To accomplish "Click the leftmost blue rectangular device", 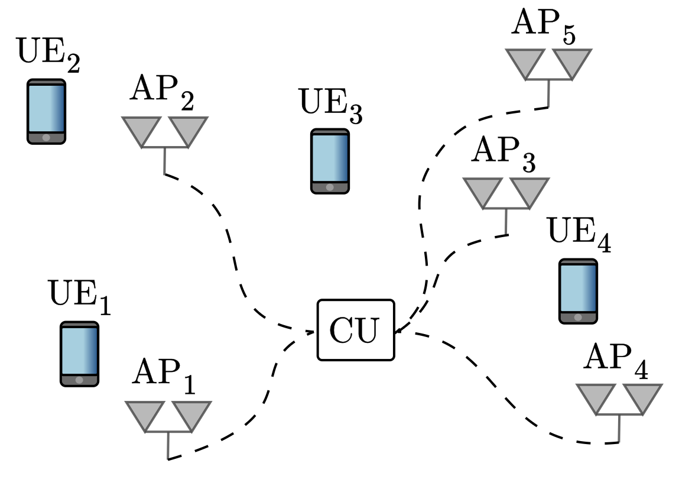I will click(x=46, y=108).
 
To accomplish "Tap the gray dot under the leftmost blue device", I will click(x=46, y=138).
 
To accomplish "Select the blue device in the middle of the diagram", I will click(x=330, y=158).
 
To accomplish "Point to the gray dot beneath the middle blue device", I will click(x=330, y=187).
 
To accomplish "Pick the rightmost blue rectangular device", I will click(x=578, y=288).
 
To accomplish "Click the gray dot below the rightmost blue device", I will click(x=578, y=318).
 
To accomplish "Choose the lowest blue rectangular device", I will click(x=79, y=351).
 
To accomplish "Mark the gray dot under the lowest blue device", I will click(x=79, y=380).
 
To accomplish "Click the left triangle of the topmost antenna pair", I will click(x=525, y=61).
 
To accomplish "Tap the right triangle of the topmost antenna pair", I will click(x=572, y=61).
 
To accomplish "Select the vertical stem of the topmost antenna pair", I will click(x=548, y=93).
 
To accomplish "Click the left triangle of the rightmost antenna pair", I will click(x=596, y=396).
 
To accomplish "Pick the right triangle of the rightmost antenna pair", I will click(x=642, y=396).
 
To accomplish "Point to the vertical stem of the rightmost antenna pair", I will click(x=619, y=428).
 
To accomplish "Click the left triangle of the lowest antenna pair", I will click(x=145, y=413).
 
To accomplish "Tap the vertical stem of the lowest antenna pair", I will click(x=168, y=446).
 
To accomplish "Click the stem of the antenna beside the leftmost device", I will click(x=164, y=161).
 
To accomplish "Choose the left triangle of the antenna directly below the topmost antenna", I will click(x=483, y=190).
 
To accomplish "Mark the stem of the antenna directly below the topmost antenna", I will click(x=506, y=221).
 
